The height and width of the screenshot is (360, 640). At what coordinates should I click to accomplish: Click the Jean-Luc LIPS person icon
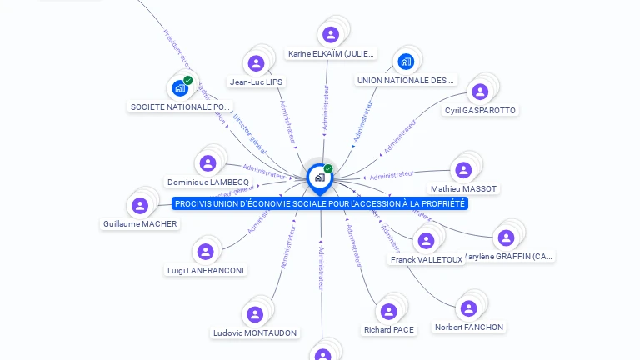[x=256, y=62]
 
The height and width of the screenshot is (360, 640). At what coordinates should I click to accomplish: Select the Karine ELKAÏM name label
[x=332, y=54]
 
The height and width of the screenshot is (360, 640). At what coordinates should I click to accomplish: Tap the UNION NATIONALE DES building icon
[x=406, y=61]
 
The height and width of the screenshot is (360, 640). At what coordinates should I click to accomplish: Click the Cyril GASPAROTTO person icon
[x=480, y=92]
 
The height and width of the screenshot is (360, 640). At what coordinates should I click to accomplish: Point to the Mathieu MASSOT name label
[x=463, y=189]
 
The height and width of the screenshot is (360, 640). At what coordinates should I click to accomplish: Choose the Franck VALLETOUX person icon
[x=426, y=241]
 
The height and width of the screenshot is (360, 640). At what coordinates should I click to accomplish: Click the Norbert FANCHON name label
[x=469, y=327]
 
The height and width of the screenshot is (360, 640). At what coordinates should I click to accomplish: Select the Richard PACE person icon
[x=388, y=312]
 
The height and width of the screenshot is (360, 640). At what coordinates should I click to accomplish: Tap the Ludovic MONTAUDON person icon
[x=255, y=314]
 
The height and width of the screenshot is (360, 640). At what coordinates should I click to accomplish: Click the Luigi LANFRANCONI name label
[x=206, y=270]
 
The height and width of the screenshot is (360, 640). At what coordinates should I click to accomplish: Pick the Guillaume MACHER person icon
[x=140, y=205]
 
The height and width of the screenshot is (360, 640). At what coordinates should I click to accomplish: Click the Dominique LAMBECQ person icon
[x=207, y=163]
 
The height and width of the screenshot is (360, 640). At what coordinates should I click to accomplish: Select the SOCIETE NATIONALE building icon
[x=179, y=88]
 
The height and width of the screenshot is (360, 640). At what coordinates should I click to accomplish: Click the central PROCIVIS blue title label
[x=320, y=203]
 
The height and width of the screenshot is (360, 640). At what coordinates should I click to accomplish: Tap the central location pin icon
[x=319, y=177]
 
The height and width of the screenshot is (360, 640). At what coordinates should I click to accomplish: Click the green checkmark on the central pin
[x=328, y=169]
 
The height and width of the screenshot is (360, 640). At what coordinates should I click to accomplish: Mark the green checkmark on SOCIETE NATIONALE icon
[x=188, y=81]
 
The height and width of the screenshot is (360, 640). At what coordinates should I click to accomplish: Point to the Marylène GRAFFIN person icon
[x=506, y=237]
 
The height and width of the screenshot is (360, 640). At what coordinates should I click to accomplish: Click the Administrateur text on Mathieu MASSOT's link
[x=392, y=175]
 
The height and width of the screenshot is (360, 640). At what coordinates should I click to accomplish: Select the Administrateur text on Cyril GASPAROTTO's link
[x=400, y=137]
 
